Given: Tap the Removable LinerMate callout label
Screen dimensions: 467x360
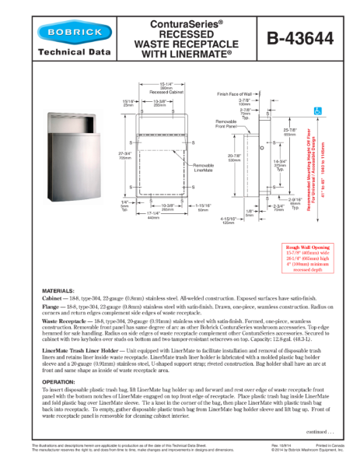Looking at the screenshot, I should pos(203,168).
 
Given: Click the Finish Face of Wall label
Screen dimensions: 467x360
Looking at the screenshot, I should pos(248,92).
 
